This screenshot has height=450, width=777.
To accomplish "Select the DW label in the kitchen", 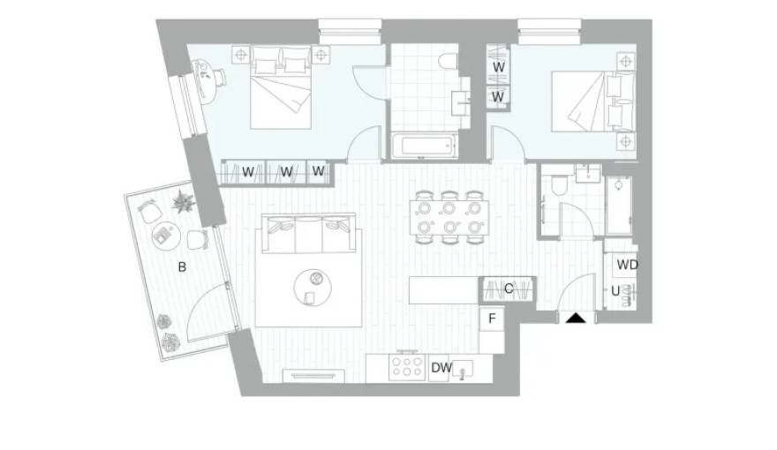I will (x=441, y=368).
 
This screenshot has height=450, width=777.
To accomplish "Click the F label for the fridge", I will (x=492, y=319).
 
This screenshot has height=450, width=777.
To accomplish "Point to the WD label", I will (x=627, y=265).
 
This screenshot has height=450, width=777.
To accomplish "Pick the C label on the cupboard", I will (x=509, y=289).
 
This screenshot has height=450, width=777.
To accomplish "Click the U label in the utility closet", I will (x=615, y=290).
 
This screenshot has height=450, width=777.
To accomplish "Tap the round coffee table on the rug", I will (x=313, y=281).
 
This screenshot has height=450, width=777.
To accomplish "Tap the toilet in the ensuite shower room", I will (x=557, y=184).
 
